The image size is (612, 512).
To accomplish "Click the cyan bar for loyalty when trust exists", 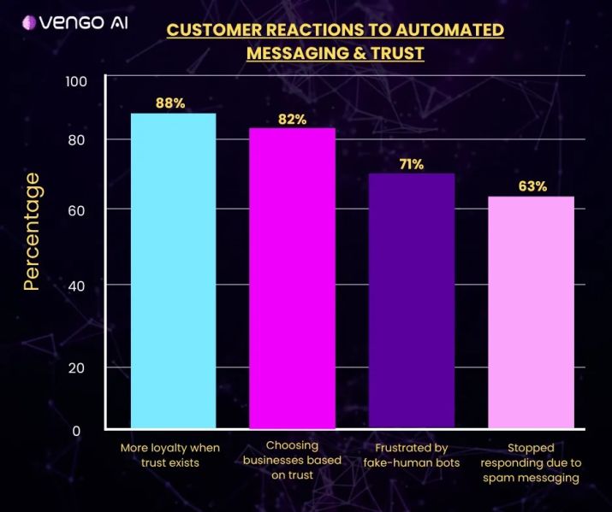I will (x=172, y=270).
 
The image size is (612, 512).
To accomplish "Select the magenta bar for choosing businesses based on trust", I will (x=291, y=278).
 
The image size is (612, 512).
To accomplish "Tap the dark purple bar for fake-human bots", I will (x=411, y=300).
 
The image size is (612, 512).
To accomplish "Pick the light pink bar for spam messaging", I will (x=531, y=312).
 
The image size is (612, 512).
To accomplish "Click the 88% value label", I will (x=170, y=103).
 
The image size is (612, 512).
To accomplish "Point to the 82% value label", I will (x=292, y=119).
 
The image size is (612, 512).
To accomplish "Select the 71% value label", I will (x=411, y=164).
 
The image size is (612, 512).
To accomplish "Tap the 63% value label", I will (x=532, y=186).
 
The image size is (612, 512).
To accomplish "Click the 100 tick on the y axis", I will (x=76, y=81).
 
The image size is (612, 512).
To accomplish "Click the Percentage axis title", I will (x=32, y=231).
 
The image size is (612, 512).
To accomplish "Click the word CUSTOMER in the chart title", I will (x=207, y=30).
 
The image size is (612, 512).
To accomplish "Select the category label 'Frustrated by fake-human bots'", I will (x=412, y=455).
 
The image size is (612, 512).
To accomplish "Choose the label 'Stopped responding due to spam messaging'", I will (x=531, y=462).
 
